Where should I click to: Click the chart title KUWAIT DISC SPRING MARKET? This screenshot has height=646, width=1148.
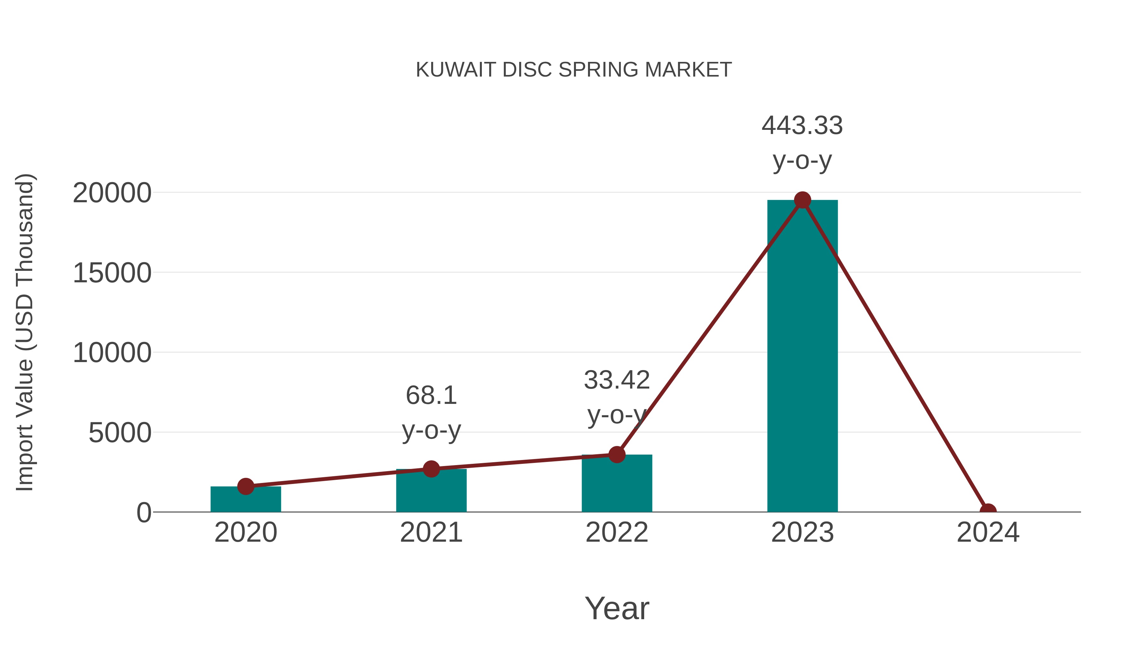pos(574,70)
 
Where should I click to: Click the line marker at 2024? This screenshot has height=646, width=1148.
pos(988,511)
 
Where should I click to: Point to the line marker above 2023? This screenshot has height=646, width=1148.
pos(802,200)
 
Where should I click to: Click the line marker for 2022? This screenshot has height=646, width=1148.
pos(617,454)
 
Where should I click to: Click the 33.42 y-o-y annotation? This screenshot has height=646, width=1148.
pos(617,398)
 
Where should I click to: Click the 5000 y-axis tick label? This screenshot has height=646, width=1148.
pos(120,433)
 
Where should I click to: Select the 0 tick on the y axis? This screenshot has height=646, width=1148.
pos(144,512)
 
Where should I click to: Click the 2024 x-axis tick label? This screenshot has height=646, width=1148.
pos(988,532)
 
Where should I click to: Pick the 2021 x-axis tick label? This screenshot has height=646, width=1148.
pos(431,532)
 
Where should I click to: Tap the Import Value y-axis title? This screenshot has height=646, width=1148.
pos(25,332)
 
